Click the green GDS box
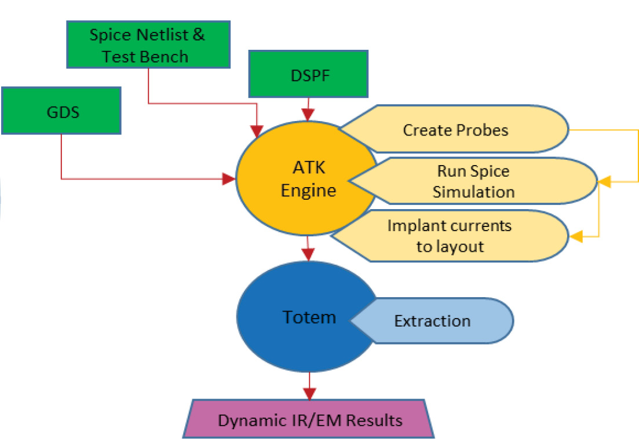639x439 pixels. (61, 111)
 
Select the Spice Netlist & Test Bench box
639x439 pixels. (147, 45)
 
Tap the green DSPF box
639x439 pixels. (308, 74)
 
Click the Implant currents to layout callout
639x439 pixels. (452, 235)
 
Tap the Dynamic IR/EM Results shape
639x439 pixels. (309, 420)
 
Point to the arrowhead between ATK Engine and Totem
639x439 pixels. (308, 254)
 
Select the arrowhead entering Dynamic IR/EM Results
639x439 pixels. (309, 394)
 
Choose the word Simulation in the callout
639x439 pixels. (474, 191)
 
